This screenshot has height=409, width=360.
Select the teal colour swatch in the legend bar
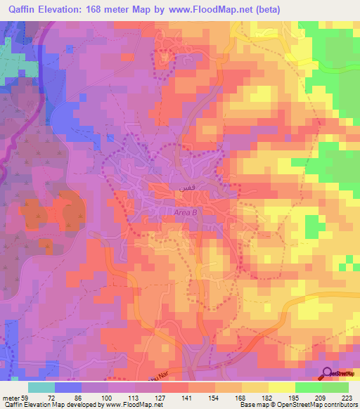tap(41, 387)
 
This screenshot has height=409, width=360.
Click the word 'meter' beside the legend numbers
tap(9, 398)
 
